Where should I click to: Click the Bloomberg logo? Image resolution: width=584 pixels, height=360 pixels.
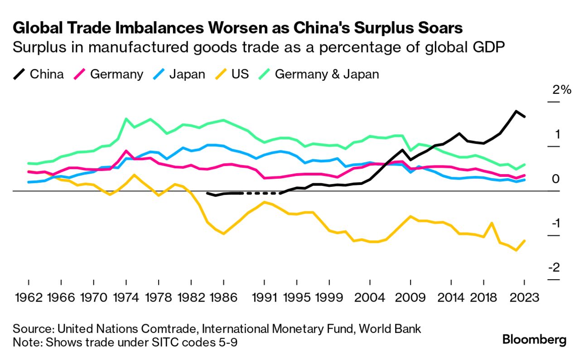click(535, 340)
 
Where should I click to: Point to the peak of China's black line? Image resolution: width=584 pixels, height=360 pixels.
click(516, 111)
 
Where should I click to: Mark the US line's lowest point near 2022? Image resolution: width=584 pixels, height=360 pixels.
click(516, 250)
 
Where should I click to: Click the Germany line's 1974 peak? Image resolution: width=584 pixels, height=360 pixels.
click(126, 151)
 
